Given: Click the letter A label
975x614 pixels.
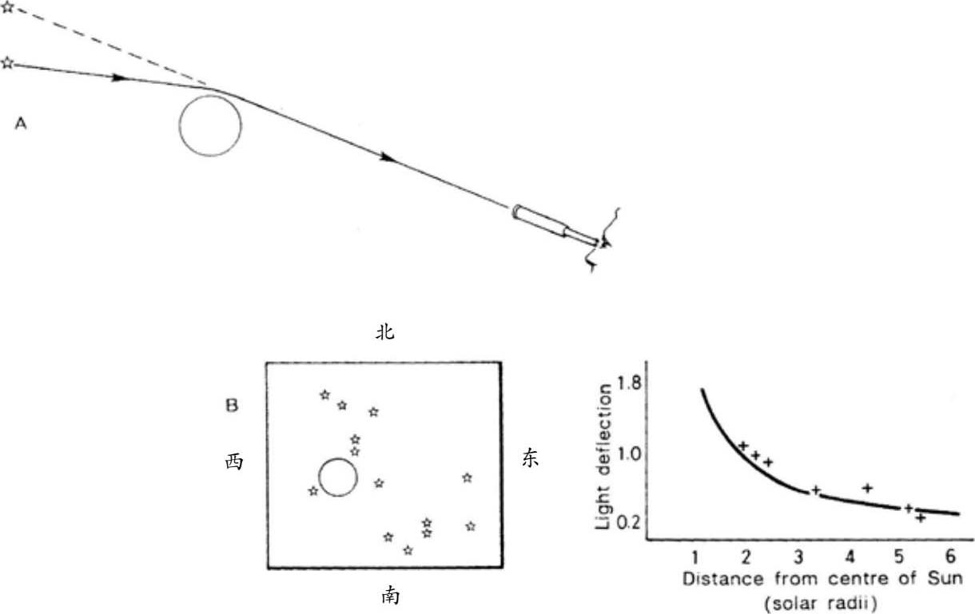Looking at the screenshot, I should point(22,124).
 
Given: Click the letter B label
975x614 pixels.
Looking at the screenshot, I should point(232,406).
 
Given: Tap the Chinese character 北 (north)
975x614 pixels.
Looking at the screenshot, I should point(385,333).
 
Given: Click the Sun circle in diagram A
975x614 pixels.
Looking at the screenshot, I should point(209,125).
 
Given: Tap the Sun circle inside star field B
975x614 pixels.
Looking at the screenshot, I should point(337,477).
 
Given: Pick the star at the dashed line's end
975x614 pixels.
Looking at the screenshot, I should point(7,9).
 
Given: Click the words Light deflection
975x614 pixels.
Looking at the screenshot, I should point(605,457).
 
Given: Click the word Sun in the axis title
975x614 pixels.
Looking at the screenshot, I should point(944,577).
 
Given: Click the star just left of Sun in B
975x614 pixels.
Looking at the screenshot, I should point(312,490).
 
